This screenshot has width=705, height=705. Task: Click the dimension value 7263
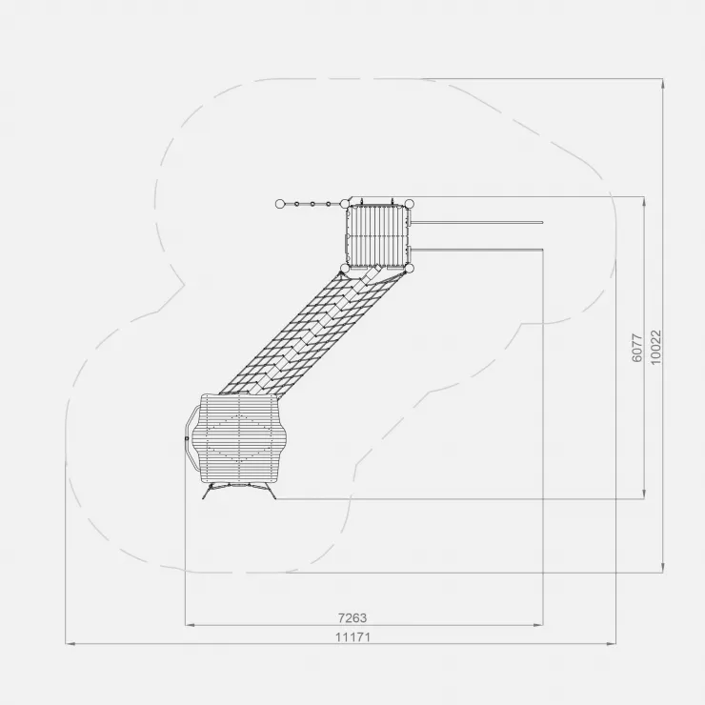click(352, 618)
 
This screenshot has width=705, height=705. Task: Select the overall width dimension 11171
click(352, 637)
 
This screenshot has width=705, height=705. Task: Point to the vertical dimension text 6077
click(637, 348)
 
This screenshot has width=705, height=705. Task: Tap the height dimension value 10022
click(656, 347)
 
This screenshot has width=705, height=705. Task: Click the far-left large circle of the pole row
click(280, 204)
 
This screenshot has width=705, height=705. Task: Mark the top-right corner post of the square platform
click(409, 204)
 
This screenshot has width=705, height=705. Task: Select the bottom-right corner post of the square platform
click(409, 269)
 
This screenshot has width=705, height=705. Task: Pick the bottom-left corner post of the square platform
click(345, 269)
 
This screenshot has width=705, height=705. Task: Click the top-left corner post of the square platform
click(345, 204)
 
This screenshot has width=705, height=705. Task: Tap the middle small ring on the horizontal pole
click(312, 204)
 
